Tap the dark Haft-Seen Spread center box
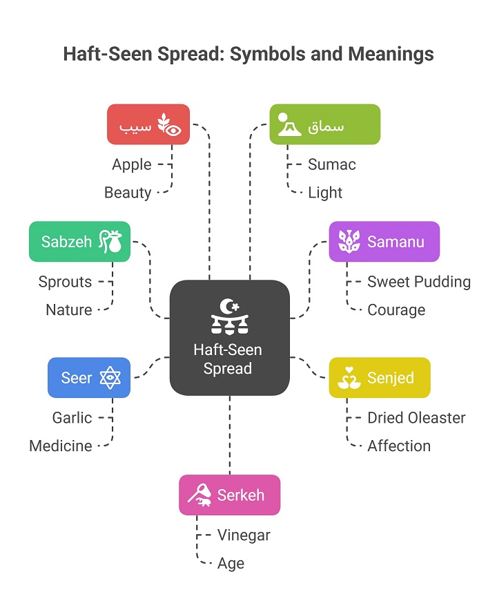(x=230, y=338)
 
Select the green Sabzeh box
(x=79, y=242)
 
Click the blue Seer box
(x=89, y=377)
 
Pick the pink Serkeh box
(x=230, y=495)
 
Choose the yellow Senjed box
(x=380, y=377)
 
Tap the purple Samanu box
(x=384, y=242)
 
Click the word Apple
(x=132, y=164)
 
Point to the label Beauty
(x=128, y=193)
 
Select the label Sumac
(x=332, y=164)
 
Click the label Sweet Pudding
(x=419, y=282)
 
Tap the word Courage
(x=396, y=310)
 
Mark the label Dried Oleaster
(x=416, y=418)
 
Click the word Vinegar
(x=244, y=535)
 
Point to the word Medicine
(x=61, y=446)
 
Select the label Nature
(x=69, y=310)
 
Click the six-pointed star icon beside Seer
(x=110, y=377)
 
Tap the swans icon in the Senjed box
(x=349, y=378)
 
